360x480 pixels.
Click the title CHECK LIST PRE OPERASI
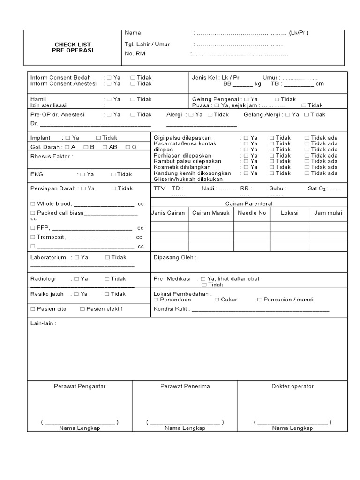73,47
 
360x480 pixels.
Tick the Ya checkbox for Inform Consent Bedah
109,78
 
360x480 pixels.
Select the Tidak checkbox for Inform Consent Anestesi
133,84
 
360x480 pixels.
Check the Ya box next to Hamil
109,100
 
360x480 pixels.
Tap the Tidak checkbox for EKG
113,174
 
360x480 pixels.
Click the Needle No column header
252,213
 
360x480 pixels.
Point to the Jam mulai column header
328,213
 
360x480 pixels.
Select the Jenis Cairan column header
168,213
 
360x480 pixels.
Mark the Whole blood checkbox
33,204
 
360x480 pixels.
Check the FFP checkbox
33,228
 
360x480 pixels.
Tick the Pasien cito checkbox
33,309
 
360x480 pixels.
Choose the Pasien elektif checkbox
82,309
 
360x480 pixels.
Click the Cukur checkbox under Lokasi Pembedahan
217,300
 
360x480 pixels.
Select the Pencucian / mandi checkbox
260,300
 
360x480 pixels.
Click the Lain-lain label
43,323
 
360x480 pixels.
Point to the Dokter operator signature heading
292,386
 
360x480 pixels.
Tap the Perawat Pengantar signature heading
80,386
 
